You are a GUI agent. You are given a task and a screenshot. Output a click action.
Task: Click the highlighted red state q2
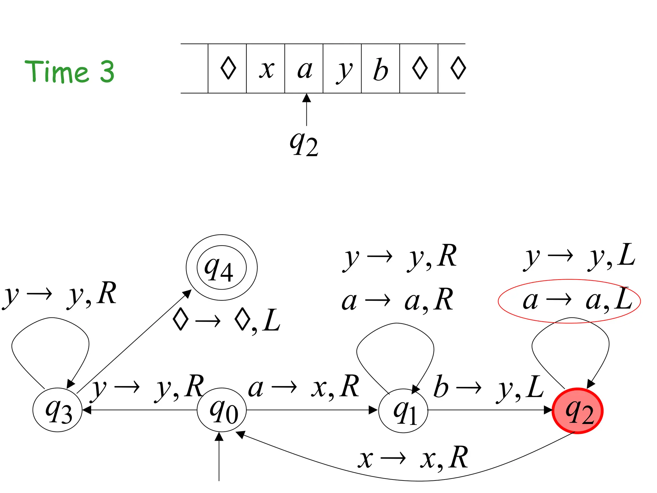(577, 411)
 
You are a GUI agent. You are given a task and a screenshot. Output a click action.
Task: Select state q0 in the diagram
(222, 410)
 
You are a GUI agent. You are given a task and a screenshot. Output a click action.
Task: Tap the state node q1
(403, 411)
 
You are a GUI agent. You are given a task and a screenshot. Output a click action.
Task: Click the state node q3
(57, 410)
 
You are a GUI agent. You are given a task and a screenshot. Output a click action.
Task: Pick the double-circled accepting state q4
(221, 267)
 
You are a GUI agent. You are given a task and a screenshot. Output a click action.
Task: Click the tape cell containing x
(266, 69)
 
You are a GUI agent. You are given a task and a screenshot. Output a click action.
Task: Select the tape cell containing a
(304, 69)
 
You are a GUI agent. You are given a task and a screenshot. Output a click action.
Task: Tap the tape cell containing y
(342, 69)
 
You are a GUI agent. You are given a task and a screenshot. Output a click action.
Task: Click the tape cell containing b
(380, 69)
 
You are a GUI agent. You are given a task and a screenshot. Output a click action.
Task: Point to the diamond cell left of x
(227, 69)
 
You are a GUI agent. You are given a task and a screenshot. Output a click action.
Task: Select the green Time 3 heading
(70, 72)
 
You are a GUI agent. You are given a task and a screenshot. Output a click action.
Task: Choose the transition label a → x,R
(303, 387)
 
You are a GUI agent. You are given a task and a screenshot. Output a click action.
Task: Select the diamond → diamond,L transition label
(226, 320)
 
